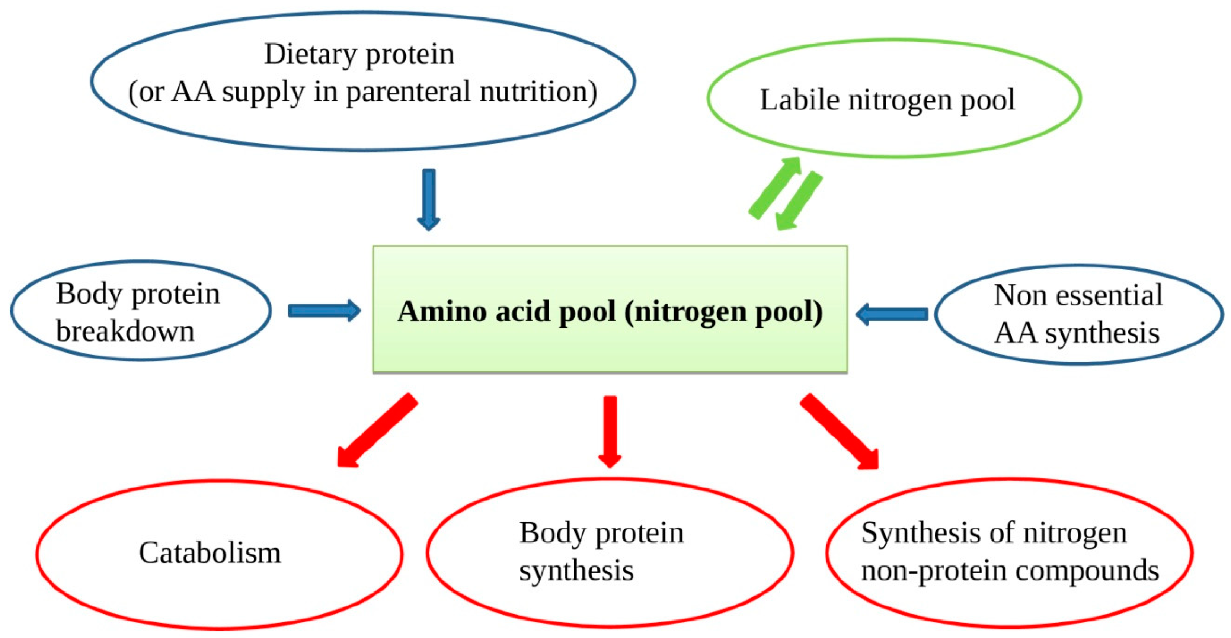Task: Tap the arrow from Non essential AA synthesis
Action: click(892, 314)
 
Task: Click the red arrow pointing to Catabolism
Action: click(377, 430)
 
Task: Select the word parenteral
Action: click(409, 92)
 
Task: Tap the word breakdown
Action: click(125, 331)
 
